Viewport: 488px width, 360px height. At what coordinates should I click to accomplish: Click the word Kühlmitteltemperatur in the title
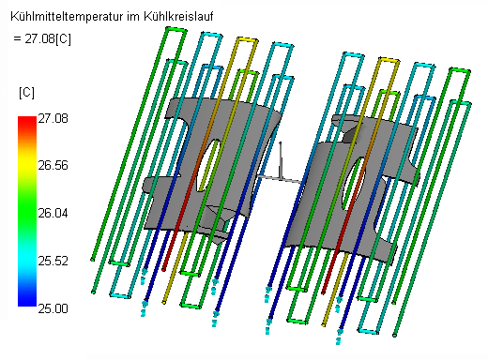coord(68,17)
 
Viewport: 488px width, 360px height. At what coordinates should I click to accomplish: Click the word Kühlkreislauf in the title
coord(178,16)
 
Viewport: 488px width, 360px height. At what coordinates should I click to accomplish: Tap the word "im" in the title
coord(133,16)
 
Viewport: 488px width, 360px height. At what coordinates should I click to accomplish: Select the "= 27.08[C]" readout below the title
coord(42,39)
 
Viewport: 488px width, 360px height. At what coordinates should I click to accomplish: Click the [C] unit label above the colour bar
coord(26,93)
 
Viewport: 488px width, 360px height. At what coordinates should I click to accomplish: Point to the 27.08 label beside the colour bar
coord(53,119)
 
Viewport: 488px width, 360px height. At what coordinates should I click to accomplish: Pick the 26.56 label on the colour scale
coord(53,165)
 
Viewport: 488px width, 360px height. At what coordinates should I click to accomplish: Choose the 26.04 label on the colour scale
coord(53,214)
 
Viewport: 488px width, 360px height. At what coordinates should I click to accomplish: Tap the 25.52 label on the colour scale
coord(53,261)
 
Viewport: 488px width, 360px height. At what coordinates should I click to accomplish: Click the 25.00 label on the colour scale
coord(53,308)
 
